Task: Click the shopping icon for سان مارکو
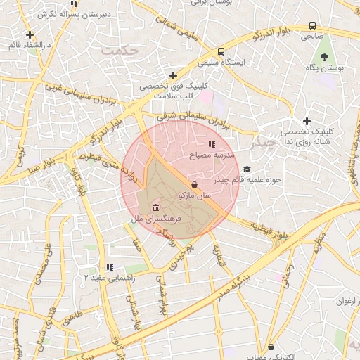pos(193,184)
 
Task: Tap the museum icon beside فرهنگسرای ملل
pos(155,208)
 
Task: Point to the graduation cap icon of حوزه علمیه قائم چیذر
pos(246,169)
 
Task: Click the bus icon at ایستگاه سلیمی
pos(221,51)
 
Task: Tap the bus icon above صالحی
pos(312,25)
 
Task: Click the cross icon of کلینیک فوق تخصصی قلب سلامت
pos(173,75)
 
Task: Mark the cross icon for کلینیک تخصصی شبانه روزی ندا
pos(307,121)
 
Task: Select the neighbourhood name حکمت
pos(117,51)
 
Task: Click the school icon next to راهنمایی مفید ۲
pos(109,267)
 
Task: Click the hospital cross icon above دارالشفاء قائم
pos(30,34)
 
